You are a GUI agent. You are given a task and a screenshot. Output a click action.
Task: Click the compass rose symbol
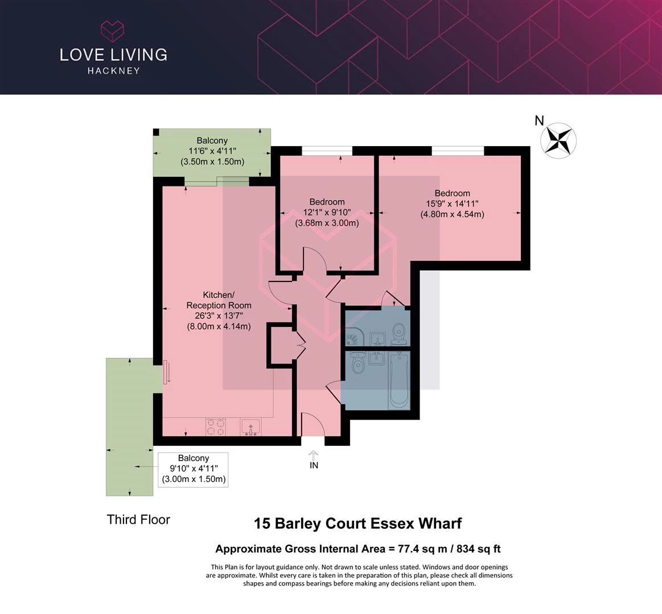(x=558, y=141)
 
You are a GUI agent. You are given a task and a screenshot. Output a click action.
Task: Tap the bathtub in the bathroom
(x=399, y=381)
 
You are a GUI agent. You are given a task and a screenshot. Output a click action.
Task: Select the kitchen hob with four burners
(x=215, y=427)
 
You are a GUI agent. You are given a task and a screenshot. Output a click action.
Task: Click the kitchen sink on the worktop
(x=251, y=427)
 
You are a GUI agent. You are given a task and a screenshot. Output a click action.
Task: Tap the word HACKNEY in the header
(x=114, y=71)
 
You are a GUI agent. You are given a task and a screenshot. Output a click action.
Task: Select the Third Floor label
(x=138, y=520)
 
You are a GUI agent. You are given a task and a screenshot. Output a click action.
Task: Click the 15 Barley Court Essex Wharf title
(x=357, y=524)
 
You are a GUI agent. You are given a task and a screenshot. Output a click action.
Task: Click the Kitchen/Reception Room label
(x=219, y=300)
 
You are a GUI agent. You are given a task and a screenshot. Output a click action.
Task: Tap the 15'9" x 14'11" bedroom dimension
(x=452, y=204)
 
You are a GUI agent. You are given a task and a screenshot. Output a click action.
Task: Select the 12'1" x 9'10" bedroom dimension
(x=327, y=212)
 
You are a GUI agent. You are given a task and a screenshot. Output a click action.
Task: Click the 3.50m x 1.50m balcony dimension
(x=212, y=161)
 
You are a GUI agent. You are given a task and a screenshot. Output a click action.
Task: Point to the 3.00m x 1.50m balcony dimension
(x=194, y=479)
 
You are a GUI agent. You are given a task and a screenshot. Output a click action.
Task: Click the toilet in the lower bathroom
(x=358, y=363)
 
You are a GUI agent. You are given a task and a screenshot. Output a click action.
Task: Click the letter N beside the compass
(x=539, y=121)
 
